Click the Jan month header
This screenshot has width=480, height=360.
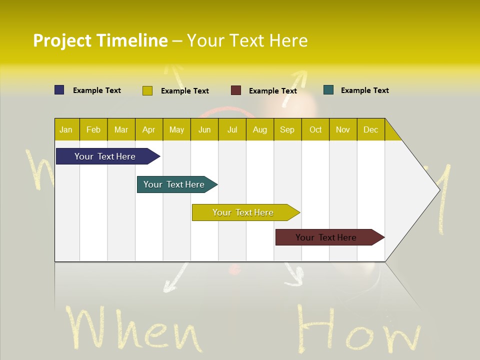[x=66, y=129]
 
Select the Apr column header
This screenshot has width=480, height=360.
[x=148, y=129]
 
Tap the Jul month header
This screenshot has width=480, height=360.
[x=232, y=129]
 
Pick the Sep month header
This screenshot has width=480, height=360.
[x=287, y=129]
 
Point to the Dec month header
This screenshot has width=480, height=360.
[x=370, y=129]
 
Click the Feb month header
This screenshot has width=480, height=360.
[x=93, y=129]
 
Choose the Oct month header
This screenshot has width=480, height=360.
[x=315, y=129]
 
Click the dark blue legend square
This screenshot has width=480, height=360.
[x=59, y=90]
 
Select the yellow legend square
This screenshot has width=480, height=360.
[x=147, y=90]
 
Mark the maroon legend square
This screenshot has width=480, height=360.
[x=236, y=90]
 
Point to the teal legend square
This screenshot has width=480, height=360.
[x=328, y=90]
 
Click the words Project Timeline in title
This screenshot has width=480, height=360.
[x=100, y=40]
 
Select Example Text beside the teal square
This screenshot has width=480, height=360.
[x=364, y=90]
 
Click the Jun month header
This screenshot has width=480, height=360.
[x=204, y=129]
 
